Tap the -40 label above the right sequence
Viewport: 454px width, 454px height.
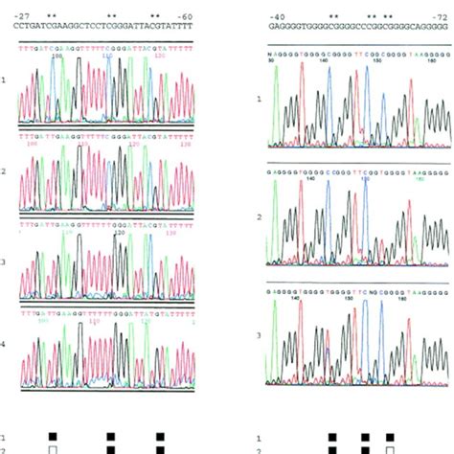[x=277, y=17]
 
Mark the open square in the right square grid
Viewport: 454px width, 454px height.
[x=390, y=448]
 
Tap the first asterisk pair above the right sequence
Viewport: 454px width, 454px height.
[x=333, y=17]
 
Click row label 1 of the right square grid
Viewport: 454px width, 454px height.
[x=268, y=437]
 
